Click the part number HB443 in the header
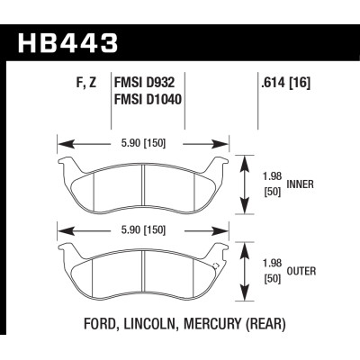[67, 43]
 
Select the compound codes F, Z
[85, 83]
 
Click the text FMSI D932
[144, 83]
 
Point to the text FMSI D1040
[148, 99]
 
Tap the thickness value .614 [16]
[285, 83]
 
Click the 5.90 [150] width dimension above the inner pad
[143, 143]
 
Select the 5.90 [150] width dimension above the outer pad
[143, 230]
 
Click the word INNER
[301, 184]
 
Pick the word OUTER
[301, 271]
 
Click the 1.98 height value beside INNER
[273, 176]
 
